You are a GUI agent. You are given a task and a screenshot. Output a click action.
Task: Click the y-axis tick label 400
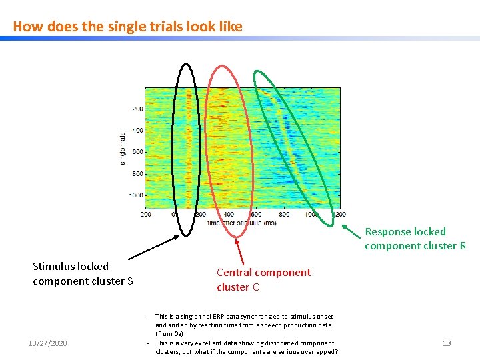pos(136,131)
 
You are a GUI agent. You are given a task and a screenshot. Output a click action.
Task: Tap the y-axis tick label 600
pos(136,152)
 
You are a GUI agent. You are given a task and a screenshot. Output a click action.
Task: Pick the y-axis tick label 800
pos(136,174)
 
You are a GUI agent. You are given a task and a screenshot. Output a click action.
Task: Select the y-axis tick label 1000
pos(135,195)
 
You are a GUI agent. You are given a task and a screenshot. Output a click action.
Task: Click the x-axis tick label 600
pos(256,215)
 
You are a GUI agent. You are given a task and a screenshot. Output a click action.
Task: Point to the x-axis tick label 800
pos(284,215)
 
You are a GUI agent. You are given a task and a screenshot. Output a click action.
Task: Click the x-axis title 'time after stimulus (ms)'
pos(241,222)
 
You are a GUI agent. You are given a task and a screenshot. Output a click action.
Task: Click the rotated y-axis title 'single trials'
pos(122,147)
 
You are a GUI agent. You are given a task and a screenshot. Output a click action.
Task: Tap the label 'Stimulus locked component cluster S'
pos(83,274)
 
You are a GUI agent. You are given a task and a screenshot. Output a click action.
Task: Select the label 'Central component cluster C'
pos(263,279)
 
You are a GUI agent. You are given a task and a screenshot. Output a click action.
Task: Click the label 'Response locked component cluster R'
pos(415,239)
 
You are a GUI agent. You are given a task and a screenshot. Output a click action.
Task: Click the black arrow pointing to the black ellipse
pos(153,247)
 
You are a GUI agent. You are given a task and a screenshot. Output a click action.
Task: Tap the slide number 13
pos(447,343)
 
